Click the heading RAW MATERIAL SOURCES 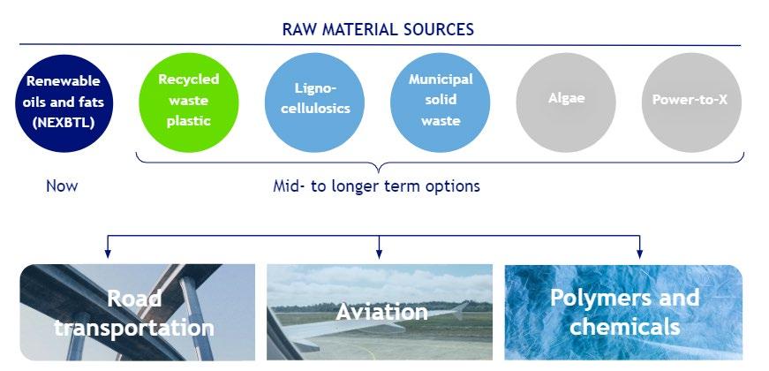click(x=378, y=29)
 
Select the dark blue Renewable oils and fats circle click(x=64, y=102)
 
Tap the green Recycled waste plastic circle click(x=189, y=102)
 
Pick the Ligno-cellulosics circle click(x=315, y=102)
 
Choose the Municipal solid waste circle click(x=441, y=102)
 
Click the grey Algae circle click(x=566, y=102)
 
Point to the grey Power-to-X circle click(x=691, y=102)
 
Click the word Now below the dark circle click(x=62, y=186)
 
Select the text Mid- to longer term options click(x=377, y=186)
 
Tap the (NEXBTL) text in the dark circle click(x=64, y=123)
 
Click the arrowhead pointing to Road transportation click(x=108, y=254)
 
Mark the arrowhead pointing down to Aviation click(x=379, y=254)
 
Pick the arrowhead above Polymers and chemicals click(x=639, y=254)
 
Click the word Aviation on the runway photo click(x=381, y=312)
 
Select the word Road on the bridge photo click(x=134, y=299)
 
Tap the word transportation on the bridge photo click(x=134, y=328)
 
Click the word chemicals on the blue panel click(x=625, y=326)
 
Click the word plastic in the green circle click(x=189, y=121)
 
